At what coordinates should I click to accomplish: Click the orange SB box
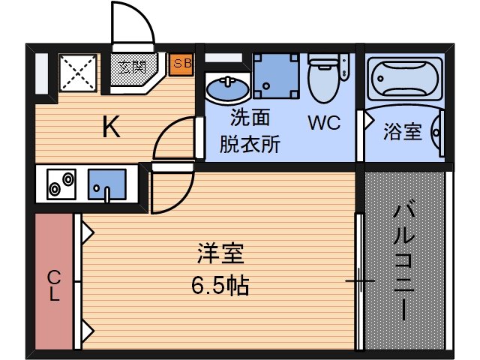(181, 64)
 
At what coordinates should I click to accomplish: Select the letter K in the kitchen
(112, 128)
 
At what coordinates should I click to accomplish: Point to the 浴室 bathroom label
(402, 131)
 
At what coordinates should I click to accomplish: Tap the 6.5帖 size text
(220, 285)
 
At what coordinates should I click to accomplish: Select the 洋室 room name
(220, 253)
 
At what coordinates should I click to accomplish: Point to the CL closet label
(54, 284)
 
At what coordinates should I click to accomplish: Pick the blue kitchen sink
(106, 184)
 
